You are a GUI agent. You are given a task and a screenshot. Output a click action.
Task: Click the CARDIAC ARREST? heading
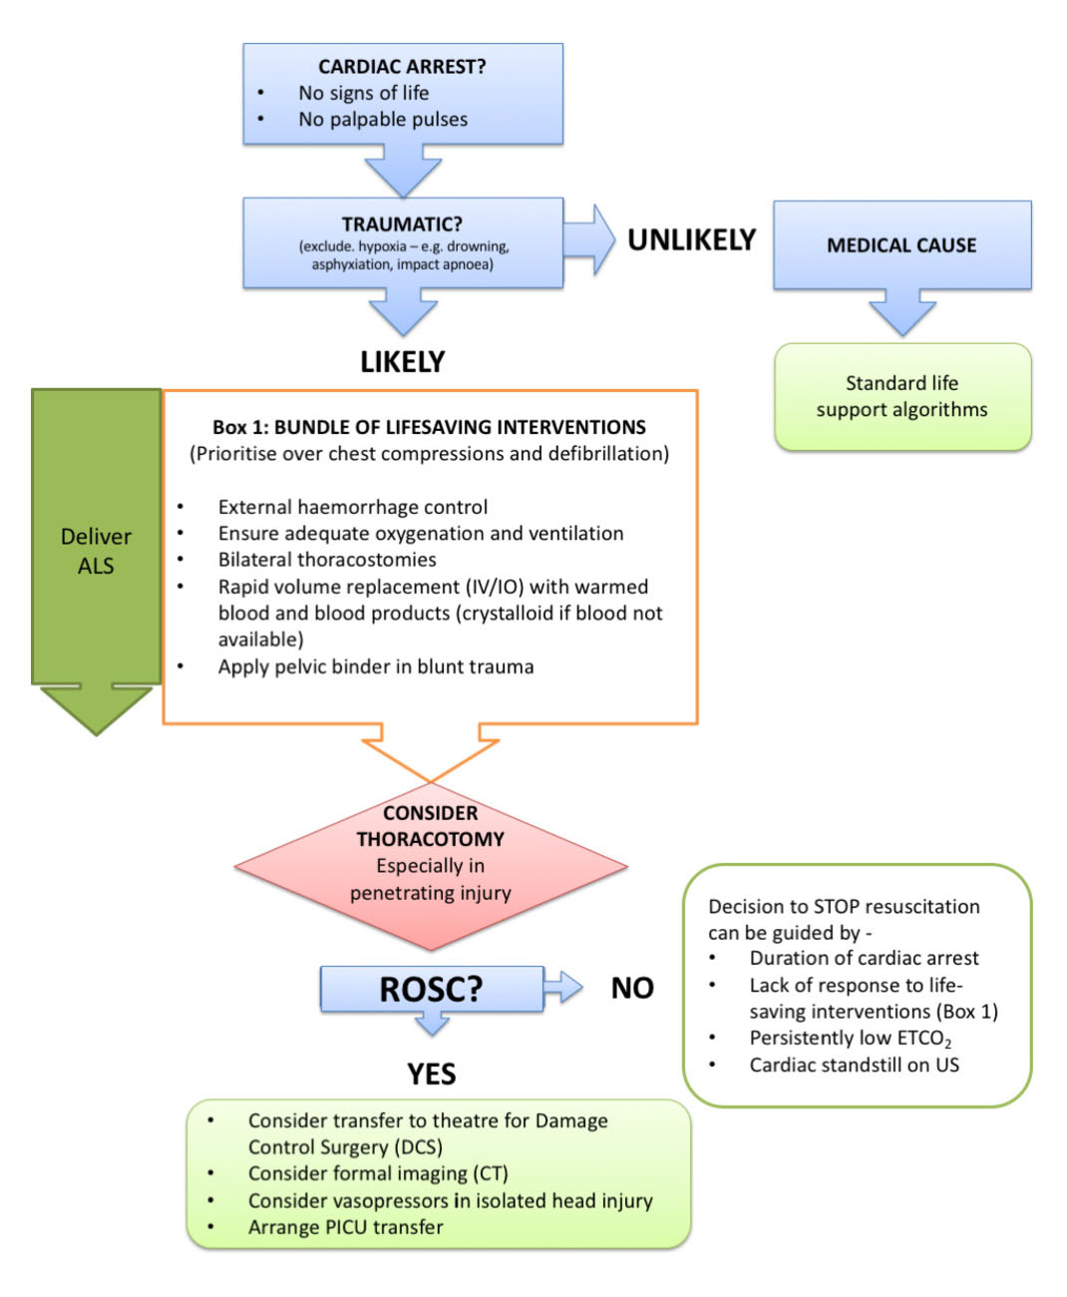point(402,67)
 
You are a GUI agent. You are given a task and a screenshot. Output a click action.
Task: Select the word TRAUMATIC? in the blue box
point(402,224)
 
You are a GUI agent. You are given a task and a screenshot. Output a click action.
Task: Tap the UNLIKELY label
point(691,240)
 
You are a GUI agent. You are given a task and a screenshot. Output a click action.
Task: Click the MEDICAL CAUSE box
point(901,245)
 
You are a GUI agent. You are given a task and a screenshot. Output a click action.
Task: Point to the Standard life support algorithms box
point(901,396)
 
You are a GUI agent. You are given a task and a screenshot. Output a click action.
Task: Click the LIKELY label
point(402,362)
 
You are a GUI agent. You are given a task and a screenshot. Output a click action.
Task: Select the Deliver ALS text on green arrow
point(96,551)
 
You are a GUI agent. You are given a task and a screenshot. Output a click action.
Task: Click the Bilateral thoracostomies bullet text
point(327,560)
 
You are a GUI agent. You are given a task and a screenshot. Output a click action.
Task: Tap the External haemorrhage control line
point(353,507)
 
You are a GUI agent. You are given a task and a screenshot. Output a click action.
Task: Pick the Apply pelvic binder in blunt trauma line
point(376,666)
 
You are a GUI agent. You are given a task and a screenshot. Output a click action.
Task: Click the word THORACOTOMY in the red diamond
point(431,839)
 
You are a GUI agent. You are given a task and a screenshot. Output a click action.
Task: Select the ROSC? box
point(431,989)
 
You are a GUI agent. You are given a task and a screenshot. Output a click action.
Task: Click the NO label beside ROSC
point(632,988)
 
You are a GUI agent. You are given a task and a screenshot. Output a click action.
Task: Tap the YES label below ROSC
point(431,1075)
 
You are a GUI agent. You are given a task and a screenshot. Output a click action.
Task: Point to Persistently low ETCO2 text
point(850,1039)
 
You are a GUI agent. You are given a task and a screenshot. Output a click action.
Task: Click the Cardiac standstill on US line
point(854,1065)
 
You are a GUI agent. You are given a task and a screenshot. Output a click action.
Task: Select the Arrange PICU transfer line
point(345,1227)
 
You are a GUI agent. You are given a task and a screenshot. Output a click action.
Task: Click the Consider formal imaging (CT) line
point(378,1173)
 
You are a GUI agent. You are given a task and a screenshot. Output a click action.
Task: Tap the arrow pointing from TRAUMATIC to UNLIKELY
point(589,240)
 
